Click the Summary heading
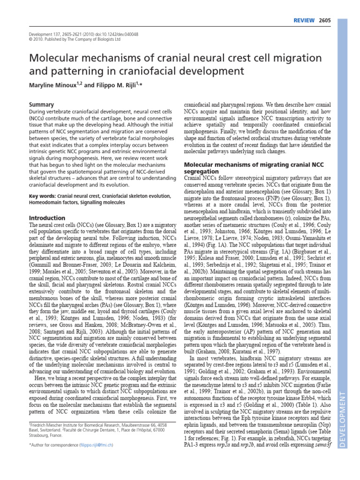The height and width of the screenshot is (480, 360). click(x=42, y=105)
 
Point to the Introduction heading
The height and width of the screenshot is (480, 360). click(x=47, y=218)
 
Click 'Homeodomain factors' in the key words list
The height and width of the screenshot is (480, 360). click(x=53, y=202)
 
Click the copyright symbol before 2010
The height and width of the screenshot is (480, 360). click(x=30, y=39)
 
